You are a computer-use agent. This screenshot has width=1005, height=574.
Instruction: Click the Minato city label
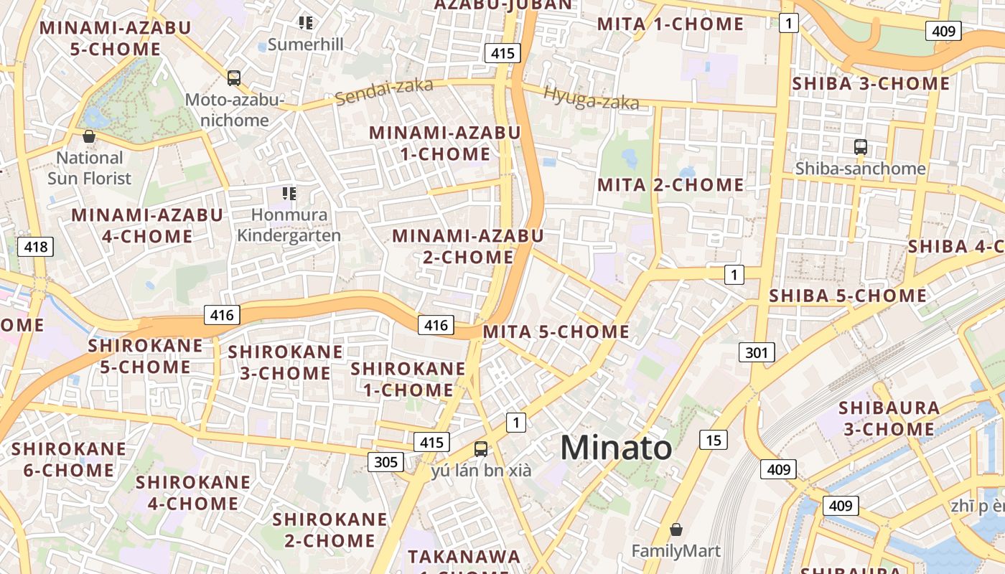click(616, 448)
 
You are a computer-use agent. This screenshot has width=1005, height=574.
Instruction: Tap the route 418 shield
click(35, 248)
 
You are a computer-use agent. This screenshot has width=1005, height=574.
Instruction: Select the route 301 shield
click(756, 352)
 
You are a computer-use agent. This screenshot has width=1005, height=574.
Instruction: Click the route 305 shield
click(385, 461)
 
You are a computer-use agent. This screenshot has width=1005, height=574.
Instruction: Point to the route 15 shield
click(713, 440)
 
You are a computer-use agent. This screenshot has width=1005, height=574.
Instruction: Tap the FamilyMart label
click(676, 551)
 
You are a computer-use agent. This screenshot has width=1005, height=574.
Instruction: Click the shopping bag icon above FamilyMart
click(676, 530)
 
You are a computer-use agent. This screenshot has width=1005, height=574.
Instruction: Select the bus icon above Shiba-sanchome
click(860, 147)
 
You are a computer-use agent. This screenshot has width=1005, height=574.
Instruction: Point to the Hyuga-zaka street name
click(591, 98)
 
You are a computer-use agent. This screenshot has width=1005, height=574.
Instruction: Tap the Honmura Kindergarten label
click(289, 225)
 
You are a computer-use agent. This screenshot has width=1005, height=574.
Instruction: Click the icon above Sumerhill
click(306, 23)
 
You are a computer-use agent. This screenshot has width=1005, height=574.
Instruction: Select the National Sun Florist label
click(90, 168)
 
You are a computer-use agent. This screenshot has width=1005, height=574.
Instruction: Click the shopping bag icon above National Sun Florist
click(89, 136)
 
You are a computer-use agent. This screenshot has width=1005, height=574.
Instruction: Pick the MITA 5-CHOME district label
click(556, 331)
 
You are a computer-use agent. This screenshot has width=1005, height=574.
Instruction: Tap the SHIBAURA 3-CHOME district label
click(889, 418)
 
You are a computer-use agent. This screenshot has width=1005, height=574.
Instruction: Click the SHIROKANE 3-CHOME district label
click(285, 362)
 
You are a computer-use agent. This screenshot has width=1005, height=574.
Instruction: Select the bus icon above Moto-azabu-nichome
click(233, 77)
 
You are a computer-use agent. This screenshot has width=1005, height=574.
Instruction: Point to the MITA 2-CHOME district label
click(670, 184)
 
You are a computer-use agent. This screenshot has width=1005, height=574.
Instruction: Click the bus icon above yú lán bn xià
click(481, 449)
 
